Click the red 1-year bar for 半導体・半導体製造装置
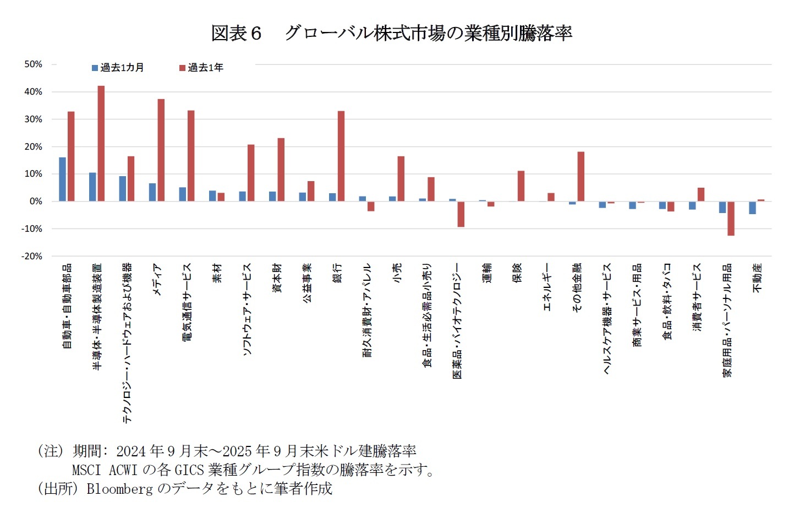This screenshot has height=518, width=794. pos(101,143)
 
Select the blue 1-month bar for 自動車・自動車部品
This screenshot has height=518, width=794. pos(62,179)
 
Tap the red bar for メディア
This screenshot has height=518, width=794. pos(161,150)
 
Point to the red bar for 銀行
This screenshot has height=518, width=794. pos(341,156)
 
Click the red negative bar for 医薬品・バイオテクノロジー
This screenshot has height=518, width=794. pos(461,214)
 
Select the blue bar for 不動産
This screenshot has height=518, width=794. pos(752,208)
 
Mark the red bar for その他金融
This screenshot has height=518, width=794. pos(581,176)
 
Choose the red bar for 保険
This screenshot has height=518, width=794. pos(521,186)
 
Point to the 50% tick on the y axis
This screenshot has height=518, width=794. pos(33,64)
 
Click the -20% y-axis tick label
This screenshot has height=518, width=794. pos(32,257)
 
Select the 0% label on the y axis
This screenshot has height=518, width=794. pos(35,201)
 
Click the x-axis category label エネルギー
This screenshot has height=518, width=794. pos(547,287)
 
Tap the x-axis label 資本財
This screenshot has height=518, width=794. pos(277,277)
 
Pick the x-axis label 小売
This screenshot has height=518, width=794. pos(397,273)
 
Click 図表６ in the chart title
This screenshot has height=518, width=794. pos(236,34)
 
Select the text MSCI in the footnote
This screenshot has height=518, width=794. pos(86,470)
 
